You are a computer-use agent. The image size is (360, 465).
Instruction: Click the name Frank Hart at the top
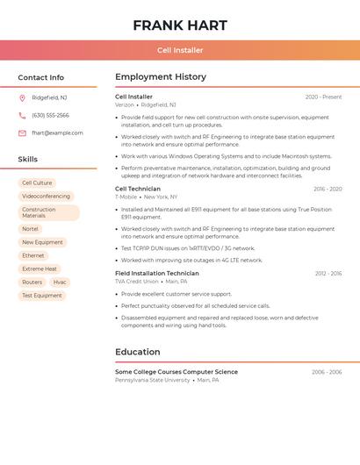[180, 25]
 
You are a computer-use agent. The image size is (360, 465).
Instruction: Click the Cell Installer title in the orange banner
[180, 51]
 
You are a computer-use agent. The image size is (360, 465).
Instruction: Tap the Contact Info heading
[40, 77]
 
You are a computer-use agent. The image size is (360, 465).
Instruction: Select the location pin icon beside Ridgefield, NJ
[22, 98]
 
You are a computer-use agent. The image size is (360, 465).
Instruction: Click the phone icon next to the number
[22, 116]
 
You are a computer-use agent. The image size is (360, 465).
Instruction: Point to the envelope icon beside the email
[22, 133]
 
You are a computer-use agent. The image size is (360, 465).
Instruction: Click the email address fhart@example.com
[57, 133]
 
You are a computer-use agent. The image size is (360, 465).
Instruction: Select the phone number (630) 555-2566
[50, 116]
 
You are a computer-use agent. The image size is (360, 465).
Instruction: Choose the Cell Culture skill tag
[37, 183]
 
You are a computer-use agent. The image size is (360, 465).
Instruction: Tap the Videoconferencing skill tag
[46, 197]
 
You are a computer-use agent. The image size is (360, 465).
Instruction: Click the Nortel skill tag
[31, 229]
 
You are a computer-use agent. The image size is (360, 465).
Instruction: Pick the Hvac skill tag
[60, 283]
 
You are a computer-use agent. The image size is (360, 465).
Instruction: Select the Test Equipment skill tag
[42, 296]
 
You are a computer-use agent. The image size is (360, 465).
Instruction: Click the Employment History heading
[161, 77]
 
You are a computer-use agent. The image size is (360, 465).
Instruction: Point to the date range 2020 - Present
[323, 97]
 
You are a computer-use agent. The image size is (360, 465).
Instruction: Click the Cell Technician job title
[138, 189]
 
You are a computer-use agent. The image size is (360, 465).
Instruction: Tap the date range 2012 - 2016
[328, 274]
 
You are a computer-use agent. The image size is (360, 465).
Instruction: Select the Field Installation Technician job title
[157, 274]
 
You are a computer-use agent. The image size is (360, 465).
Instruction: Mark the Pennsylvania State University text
[153, 380]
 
